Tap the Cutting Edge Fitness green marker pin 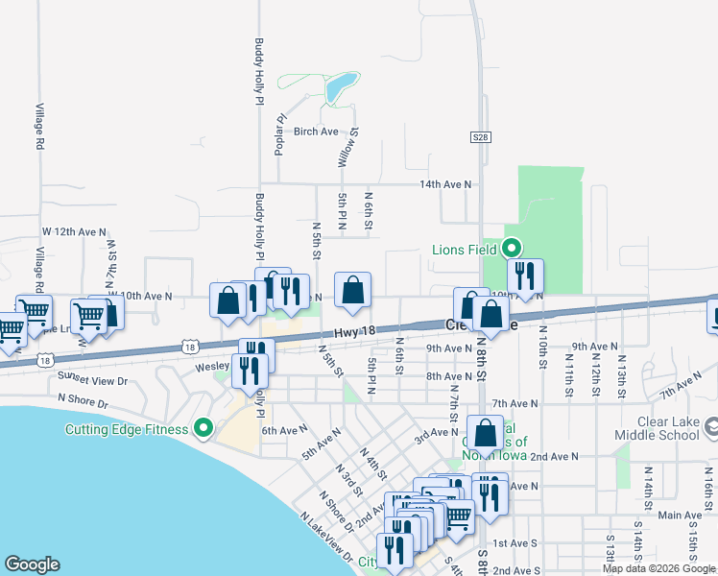click(203, 428)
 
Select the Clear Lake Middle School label click(668, 428)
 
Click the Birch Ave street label click(316, 132)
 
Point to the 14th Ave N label click(444, 183)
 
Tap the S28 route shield click(481, 138)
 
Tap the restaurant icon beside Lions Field click(524, 276)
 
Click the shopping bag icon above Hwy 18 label click(352, 290)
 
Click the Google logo click(32, 564)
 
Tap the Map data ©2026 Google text click(658, 568)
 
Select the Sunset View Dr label click(92, 378)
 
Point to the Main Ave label click(680, 516)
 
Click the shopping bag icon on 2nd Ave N click(486, 432)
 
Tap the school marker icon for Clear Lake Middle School click(710, 424)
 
